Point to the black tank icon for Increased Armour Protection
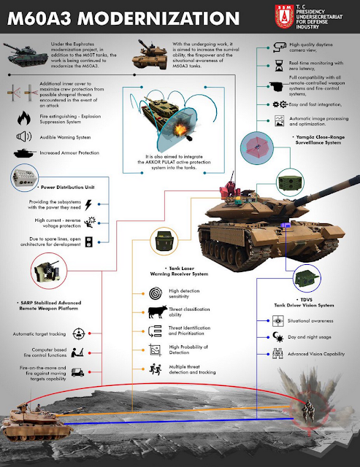(23, 153)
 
